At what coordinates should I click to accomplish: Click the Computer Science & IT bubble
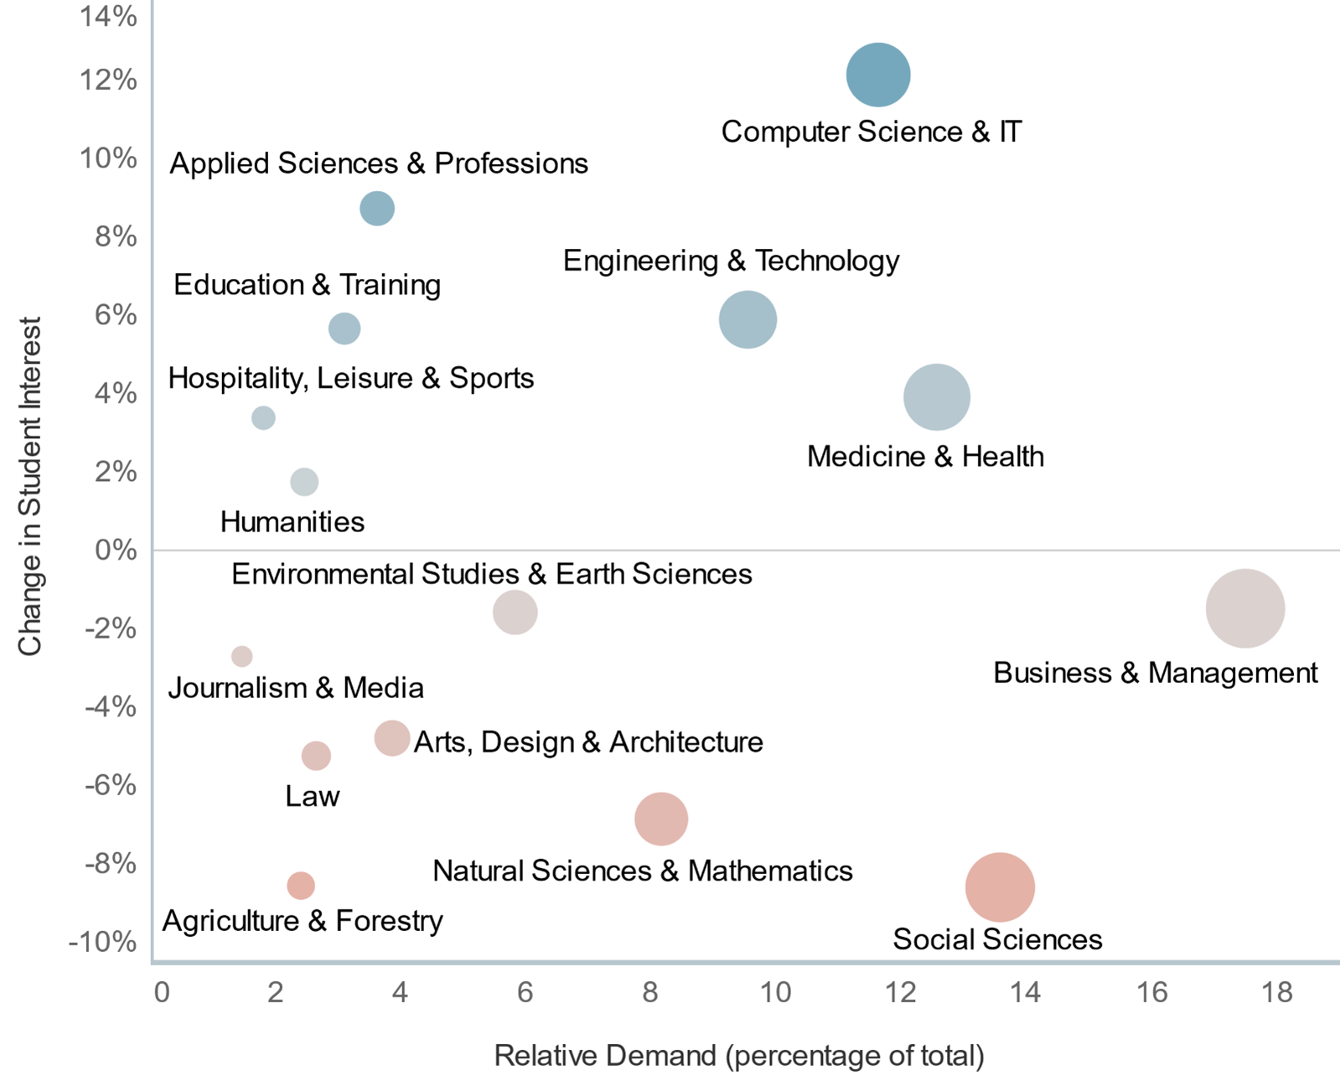coord(877,75)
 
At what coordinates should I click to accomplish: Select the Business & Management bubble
coord(1244,608)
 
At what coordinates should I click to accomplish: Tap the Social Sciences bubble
coord(1000,887)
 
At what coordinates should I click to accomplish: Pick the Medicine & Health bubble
coord(936,397)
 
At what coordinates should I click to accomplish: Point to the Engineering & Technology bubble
coord(748,319)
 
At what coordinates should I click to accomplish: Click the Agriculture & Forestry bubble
coord(301,885)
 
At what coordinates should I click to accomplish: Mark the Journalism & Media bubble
coord(242,656)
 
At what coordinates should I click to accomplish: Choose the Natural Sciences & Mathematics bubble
coord(661,819)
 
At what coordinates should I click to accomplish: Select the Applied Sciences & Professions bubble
coord(377,208)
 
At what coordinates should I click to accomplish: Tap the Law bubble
coord(316,756)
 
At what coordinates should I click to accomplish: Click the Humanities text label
coord(292,522)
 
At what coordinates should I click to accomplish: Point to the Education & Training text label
coord(307,285)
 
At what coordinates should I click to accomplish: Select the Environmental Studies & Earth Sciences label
coord(492,574)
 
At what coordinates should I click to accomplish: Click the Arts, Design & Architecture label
coord(588,742)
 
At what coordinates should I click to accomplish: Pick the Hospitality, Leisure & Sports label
coord(351,378)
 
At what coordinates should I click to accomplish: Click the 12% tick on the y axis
coord(109,80)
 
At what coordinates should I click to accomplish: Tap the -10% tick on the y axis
coord(102,942)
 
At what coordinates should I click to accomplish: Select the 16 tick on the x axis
coord(1151,993)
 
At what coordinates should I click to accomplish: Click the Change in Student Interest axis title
coord(30,486)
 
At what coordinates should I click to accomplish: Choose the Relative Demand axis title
coord(739,1056)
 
